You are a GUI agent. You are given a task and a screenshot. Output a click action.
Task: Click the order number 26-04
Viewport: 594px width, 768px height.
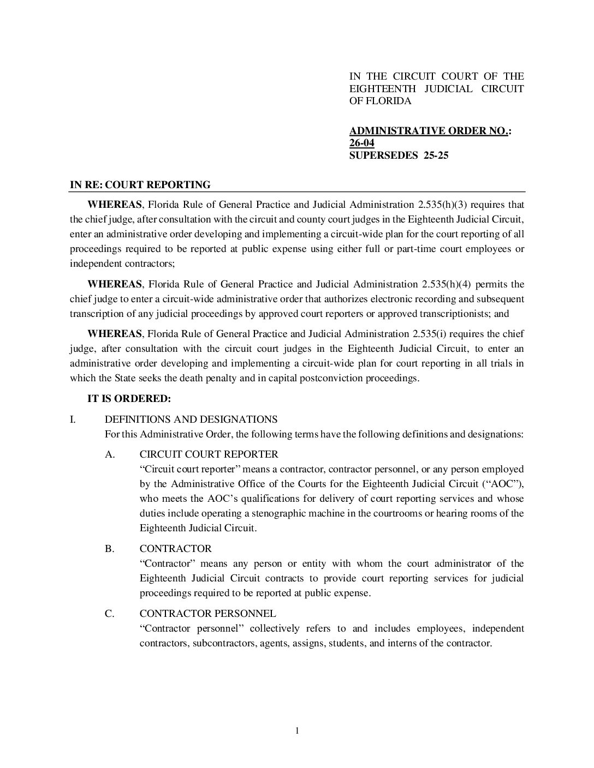point(361,143)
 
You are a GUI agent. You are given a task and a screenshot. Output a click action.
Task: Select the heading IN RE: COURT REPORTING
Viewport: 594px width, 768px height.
point(140,185)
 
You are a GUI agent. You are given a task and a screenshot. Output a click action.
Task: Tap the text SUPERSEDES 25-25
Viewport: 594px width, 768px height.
point(399,155)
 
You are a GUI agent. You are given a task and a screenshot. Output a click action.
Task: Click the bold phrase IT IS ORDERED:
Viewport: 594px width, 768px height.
point(129,399)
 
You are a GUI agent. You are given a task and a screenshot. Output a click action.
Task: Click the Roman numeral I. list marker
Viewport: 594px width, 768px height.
point(73,419)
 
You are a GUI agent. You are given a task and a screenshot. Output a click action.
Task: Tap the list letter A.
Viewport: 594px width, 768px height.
point(110,454)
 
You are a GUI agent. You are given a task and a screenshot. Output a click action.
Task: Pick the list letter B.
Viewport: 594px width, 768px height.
point(110,549)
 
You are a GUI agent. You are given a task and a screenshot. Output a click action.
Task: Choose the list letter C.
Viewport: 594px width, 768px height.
point(110,614)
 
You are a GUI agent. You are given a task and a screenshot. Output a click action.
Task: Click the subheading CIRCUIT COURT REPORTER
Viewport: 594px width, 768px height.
point(209,454)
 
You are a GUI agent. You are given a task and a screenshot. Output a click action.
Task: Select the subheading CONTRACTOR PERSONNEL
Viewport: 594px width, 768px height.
point(207,614)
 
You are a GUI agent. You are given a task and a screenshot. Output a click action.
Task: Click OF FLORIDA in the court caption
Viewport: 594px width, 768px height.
point(381,101)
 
